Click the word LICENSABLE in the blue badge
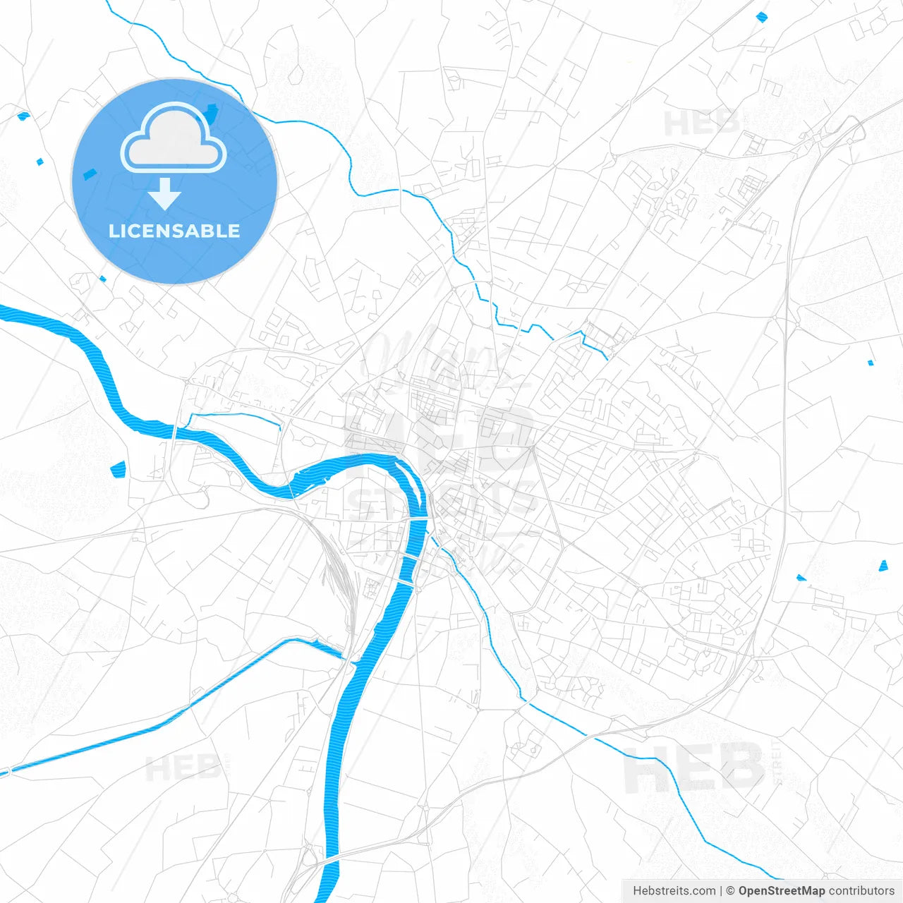coord(174,231)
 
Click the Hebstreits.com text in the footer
coord(674,891)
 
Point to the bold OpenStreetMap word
coord(781,891)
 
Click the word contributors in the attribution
coord(861,891)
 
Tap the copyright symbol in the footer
coord(730,891)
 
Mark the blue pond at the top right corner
coord(761,16)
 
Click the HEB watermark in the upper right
coord(701,123)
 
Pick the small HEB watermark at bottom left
coord(182,768)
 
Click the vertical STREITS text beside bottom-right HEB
coord(777,762)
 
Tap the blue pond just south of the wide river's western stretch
coord(118,468)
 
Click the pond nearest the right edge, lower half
coord(883,565)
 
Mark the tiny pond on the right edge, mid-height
coord(870,363)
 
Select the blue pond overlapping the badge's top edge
coord(212,111)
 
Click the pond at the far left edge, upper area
coord(23,115)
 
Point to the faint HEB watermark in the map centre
coord(437,437)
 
